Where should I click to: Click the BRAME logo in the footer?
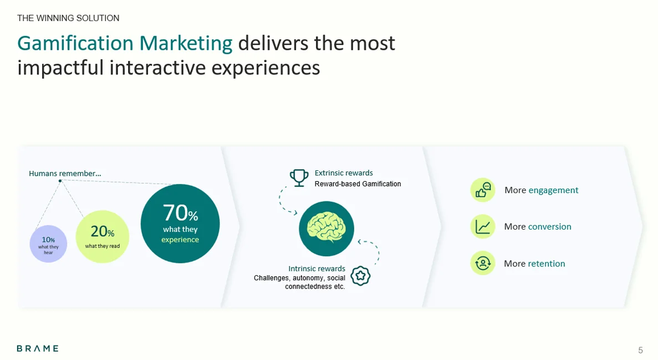click(x=37, y=348)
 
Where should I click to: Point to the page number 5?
click(x=640, y=350)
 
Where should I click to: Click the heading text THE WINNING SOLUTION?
click(x=68, y=18)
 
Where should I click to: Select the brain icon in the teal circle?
click(x=327, y=228)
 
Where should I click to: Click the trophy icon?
click(x=299, y=178)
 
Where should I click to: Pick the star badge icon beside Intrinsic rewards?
click(x=360, y=275)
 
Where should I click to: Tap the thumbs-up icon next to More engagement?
click(x=483, y=190)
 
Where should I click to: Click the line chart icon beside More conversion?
click(x=483, y=226)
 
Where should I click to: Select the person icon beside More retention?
click(x=483, y=263)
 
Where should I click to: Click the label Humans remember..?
click(x=65, y=174)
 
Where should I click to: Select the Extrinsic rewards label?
click(x=344, y=173)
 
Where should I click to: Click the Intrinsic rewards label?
click(x=317, y=268)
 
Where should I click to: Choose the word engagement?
click(x=553, y=190)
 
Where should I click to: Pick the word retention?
click(x=547, y=263)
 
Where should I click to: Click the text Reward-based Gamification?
click(x=358, y=184)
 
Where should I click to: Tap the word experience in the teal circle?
click(x=180, y=240)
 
